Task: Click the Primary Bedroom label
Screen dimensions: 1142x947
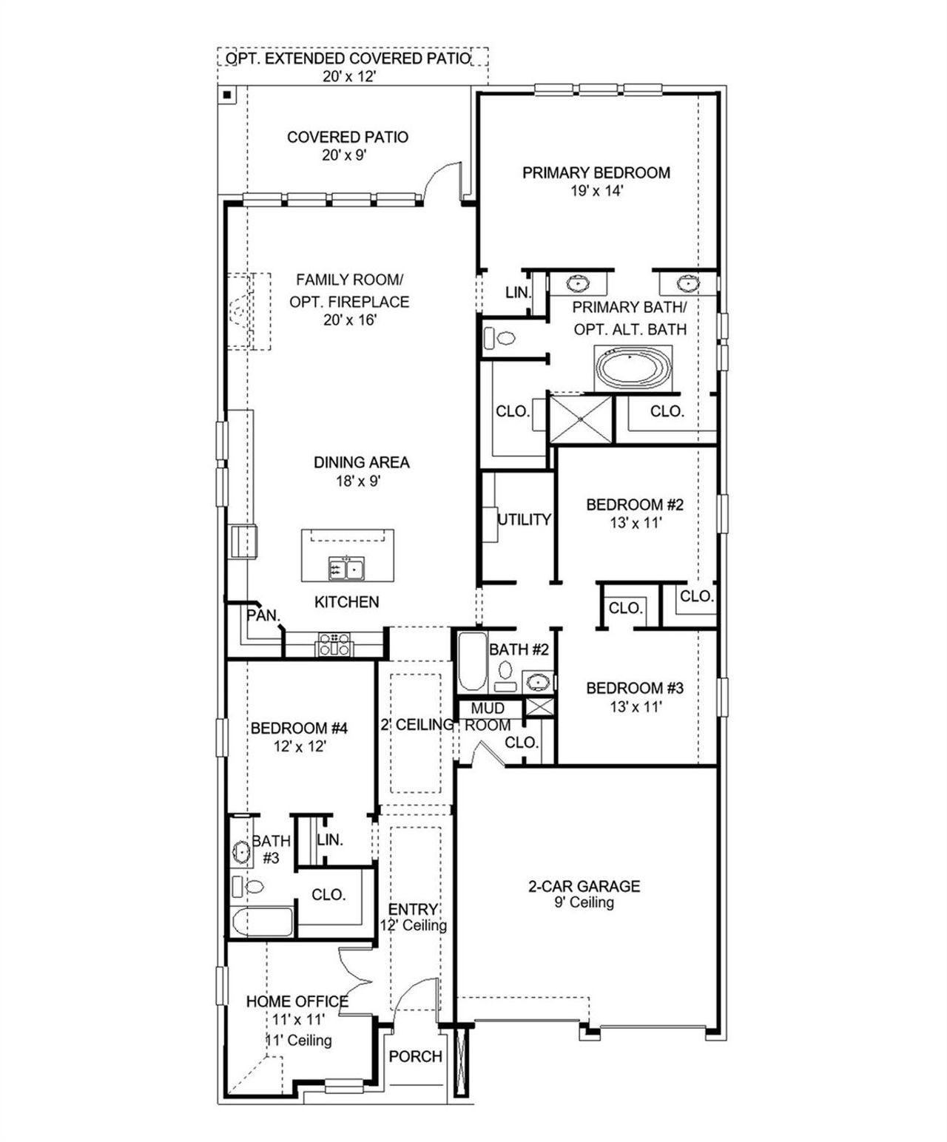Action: point(596,173)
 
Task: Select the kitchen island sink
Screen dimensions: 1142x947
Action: point(346,570)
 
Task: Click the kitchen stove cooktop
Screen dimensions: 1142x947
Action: point(334,644)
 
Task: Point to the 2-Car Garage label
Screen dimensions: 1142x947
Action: point(584,886)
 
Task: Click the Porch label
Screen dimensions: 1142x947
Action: point(415,1057)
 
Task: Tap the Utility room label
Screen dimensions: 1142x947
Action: point(524,520)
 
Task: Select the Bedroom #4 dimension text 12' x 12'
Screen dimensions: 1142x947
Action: point(300,747)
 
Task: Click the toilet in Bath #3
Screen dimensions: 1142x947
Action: point(250,886)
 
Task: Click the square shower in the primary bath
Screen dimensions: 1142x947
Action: point(581,419)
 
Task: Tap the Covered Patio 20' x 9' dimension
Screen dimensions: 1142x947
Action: point(345,155)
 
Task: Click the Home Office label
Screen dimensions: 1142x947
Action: point(297,1001)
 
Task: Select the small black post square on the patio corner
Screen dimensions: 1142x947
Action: point(228,95)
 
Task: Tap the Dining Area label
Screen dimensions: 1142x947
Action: point(361,463)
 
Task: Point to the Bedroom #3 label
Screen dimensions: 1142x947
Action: point(634,689)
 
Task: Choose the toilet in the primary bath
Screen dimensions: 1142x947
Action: point(500,339)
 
